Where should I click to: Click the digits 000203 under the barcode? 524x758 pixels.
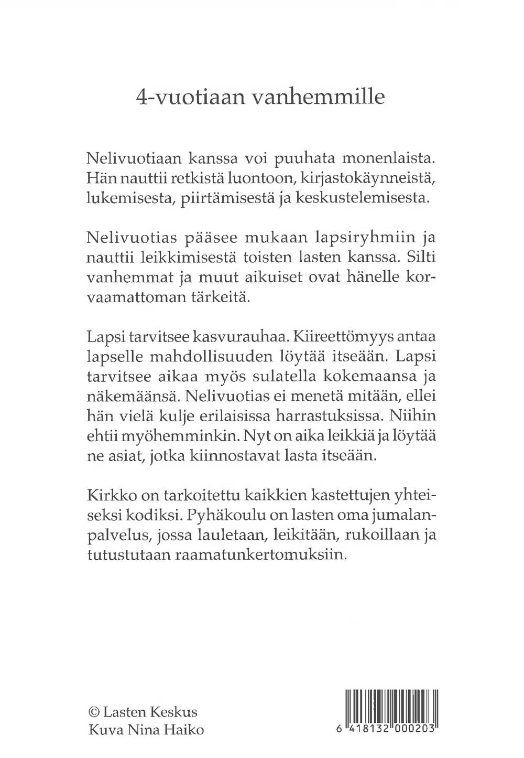413,730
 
